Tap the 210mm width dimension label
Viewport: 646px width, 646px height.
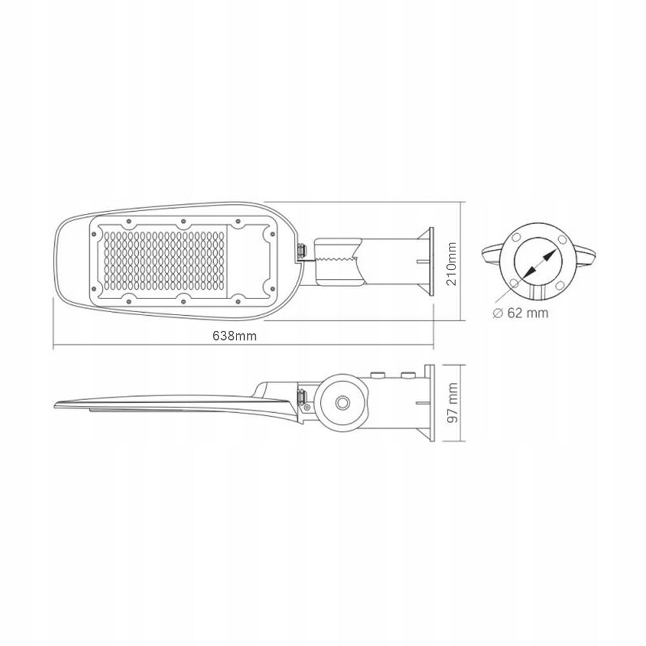pos(452,263)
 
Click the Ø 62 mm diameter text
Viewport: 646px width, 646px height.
pos(519,313)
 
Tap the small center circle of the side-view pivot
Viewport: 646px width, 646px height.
pos(340,403)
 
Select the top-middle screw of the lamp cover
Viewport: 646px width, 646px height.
pos(184,222)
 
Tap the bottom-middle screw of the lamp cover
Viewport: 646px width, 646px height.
pos(184,298)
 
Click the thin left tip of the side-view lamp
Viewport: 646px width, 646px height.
pos(58,402)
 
